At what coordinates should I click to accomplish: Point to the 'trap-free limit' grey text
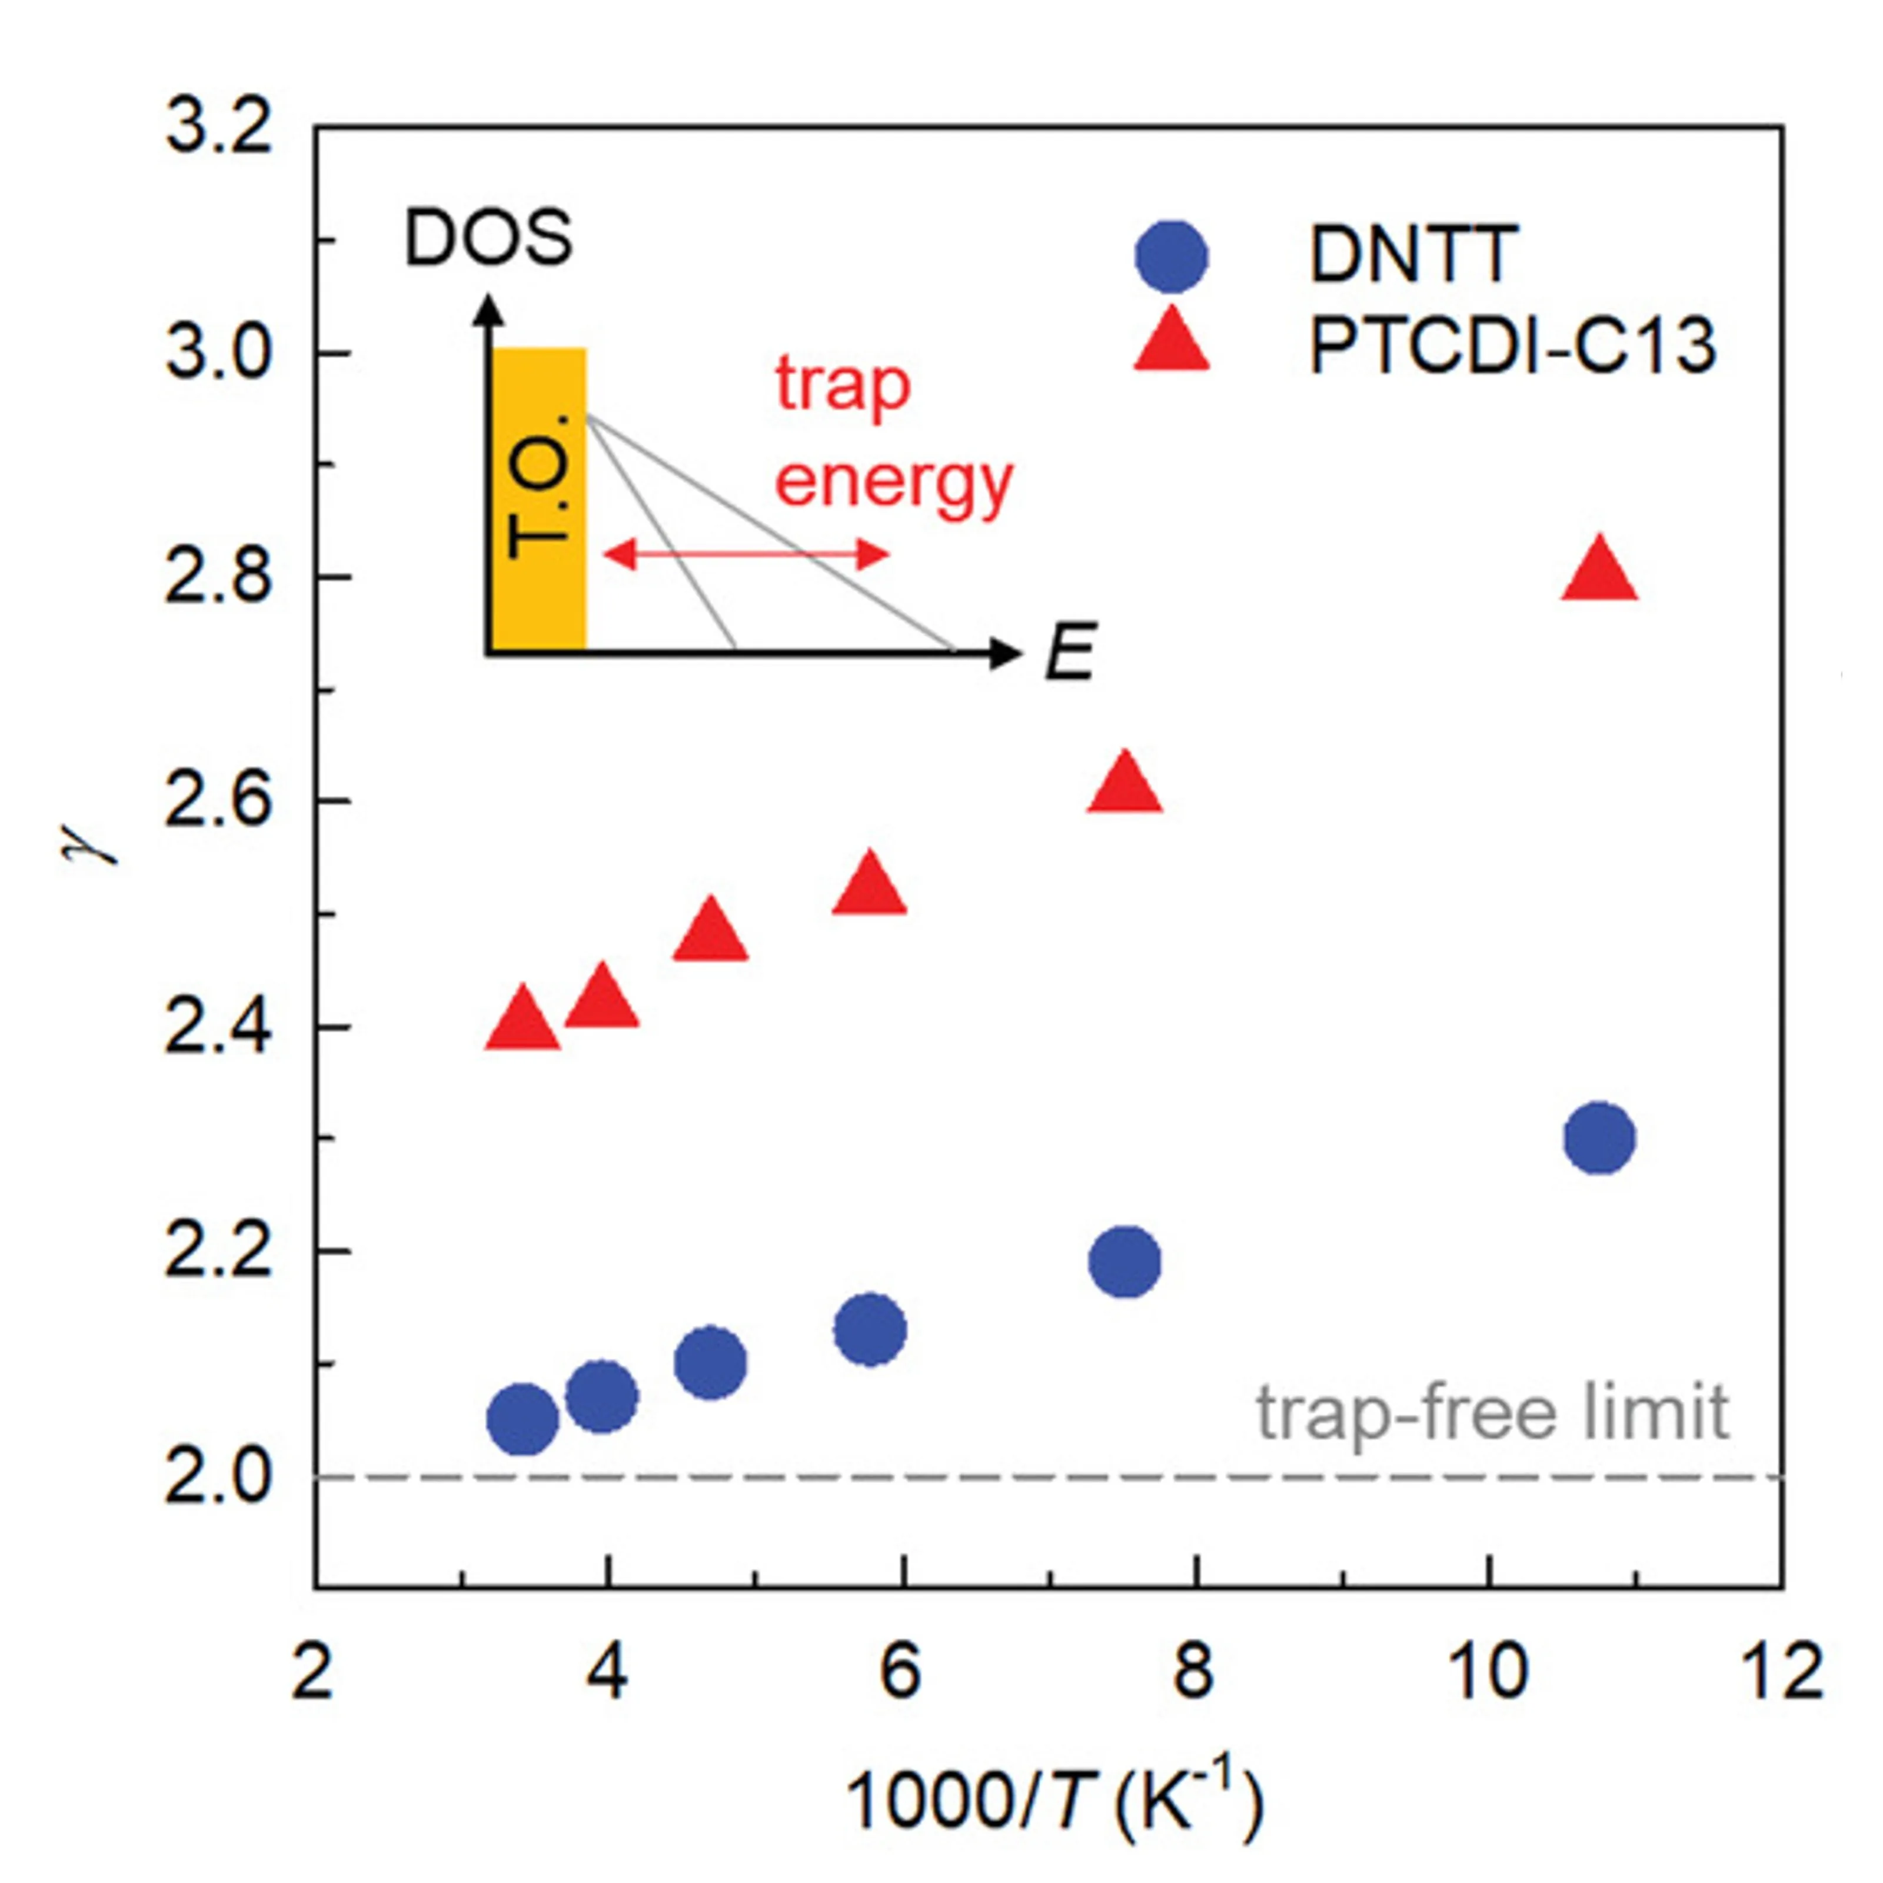1491,1410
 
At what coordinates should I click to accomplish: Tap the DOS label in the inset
487,239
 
